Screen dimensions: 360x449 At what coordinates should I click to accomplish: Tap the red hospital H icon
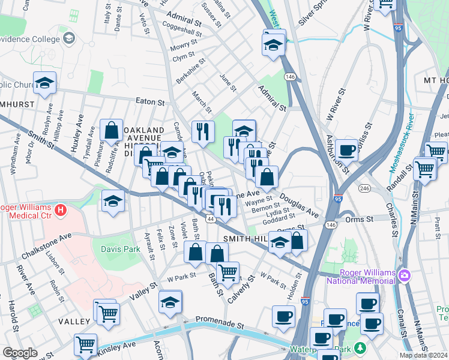pyautogui.click(x=60, y=211)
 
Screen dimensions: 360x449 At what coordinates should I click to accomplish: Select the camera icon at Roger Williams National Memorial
pyautogui.click(x=405, y=275)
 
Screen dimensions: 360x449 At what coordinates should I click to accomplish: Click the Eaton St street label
pyautogui.click(x=149, y=102)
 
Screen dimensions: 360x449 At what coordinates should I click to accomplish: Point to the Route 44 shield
pyautogui.click(x=210, y=220)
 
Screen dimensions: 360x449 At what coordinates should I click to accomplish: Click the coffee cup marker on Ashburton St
pyautogui.click(x=346, y=150)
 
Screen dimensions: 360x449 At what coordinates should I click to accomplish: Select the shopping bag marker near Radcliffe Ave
pyautogui.click(x=112, y=130)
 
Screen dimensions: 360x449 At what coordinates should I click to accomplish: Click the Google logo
pyautogui.click(x=20, y=353)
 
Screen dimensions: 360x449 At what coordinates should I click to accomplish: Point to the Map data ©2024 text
pyautogui.click(x=423, y=355)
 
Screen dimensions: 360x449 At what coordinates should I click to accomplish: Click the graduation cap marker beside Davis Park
pyautogui.click(x=112, y=202)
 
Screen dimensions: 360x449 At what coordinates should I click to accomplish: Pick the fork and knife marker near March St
pyautogui.click(x=203, y=131)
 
